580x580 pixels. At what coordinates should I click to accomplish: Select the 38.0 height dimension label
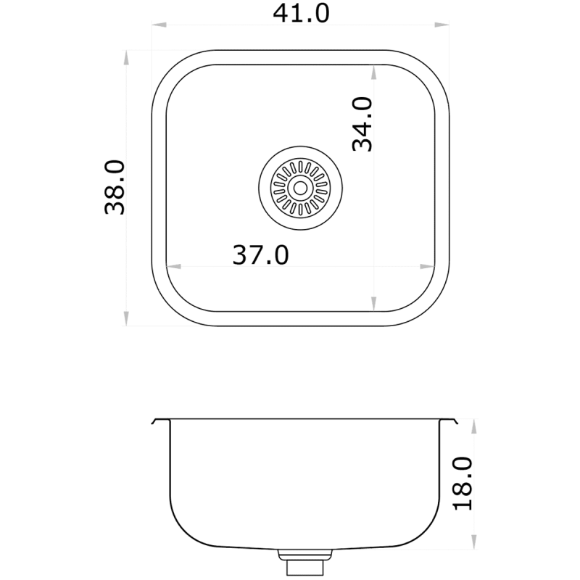(116, 188)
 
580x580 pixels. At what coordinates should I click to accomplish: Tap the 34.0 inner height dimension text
(362, 124)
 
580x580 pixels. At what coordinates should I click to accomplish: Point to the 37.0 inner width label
(260, 254)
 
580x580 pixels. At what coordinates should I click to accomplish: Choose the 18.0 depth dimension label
(462, 484)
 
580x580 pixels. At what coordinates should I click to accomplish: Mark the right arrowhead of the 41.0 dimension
(440, 26)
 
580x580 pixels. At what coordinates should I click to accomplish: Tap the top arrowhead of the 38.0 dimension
(127, 57)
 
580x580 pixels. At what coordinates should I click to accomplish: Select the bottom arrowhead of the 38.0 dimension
(127, 318)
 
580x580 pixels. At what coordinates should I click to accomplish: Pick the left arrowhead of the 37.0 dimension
(173, 265)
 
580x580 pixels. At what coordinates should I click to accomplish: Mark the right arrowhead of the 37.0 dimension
(428, 265)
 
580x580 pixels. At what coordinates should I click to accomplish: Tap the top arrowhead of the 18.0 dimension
(474, 426)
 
